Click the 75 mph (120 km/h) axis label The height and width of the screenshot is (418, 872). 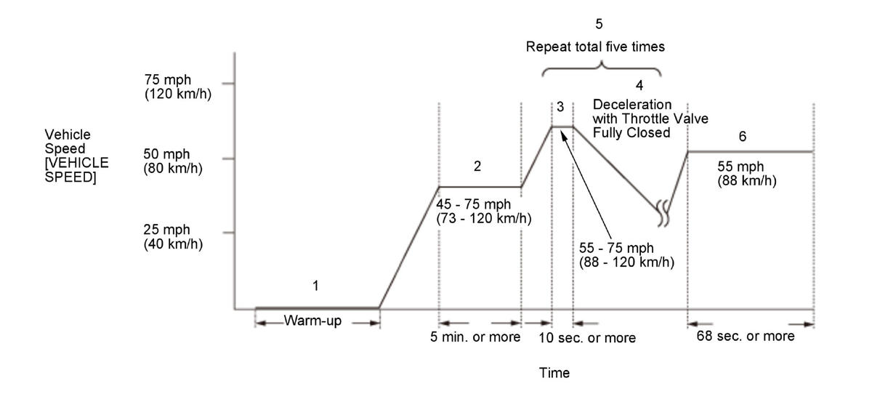(177, 87)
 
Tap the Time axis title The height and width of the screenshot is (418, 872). (554, 373)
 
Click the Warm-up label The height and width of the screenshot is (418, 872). (312, 321)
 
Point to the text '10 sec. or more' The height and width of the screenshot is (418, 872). (587, 338)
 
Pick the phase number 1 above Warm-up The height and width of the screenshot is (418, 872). (315, 286)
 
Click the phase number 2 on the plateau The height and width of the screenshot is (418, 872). (477, 166)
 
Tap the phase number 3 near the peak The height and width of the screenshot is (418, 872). (560, 107)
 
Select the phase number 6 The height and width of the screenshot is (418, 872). (742, 136)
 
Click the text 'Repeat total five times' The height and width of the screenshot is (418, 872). (596, 47)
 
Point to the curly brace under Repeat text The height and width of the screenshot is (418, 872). (601, 68)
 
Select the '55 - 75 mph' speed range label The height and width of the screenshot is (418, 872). (626, 255)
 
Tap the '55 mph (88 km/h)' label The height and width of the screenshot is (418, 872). (746, 174)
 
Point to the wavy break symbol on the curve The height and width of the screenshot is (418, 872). (664, 210)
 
